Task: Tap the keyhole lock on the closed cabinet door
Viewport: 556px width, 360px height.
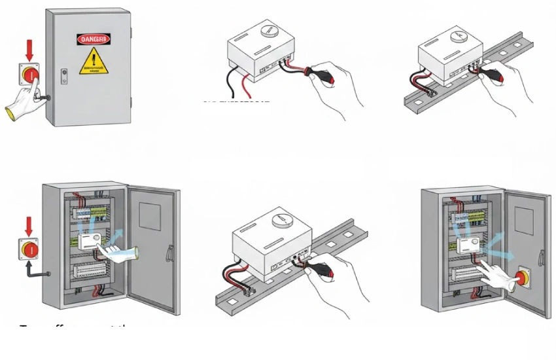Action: pos(63,73)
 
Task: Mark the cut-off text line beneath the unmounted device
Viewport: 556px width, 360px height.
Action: pos(235,102)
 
